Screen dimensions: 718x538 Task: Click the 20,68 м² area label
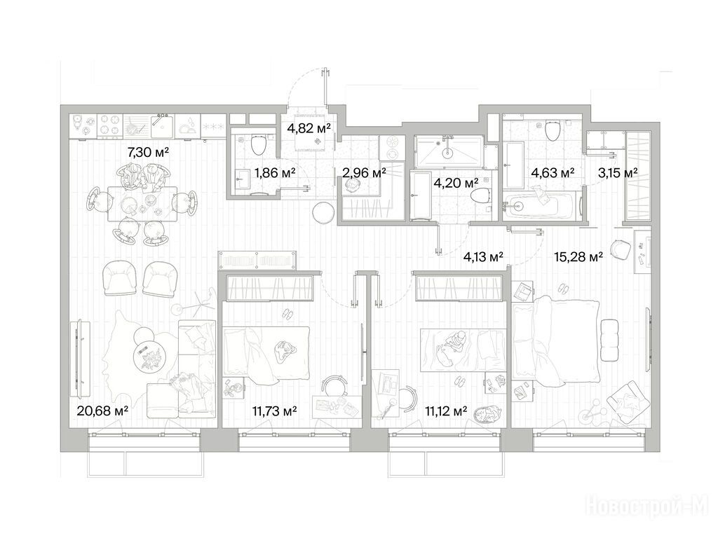tap(102, 411)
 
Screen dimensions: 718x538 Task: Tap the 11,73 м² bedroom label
tap(274, 411)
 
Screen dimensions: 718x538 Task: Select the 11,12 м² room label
tap(446, 411)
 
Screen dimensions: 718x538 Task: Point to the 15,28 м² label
tap(578, 256)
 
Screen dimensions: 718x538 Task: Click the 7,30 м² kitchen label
tap(148, 152)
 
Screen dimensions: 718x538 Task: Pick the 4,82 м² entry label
tap(309, 128)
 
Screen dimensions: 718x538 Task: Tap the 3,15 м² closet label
tap(618, 173)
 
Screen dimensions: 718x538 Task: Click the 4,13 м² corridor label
tap(484, 256)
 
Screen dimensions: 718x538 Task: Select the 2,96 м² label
tap(364, 173)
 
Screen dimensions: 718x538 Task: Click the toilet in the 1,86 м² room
tap(259, 144)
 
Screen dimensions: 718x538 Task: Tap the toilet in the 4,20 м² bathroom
tap(481, 197)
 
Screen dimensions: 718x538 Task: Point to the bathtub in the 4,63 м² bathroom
tap(539, 205)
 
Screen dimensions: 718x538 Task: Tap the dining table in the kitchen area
tap(142, 203)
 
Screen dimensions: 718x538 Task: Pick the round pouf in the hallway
tap(324, 213)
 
